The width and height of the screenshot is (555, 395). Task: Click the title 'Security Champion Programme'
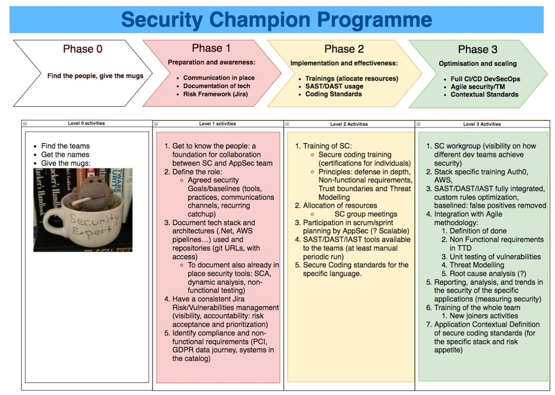(x=277, y=19)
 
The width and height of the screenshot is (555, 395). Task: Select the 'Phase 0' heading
(x=83, y=49)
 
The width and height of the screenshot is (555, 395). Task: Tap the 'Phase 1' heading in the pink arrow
(x=211, y=48)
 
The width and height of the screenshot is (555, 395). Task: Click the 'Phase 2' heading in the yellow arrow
(x=344, y=49)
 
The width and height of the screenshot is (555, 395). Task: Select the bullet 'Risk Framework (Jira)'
(x=215, y=94)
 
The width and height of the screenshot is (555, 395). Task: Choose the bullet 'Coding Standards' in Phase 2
(x=333, y=94)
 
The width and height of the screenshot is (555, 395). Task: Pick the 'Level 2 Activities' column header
(x=348, y=124)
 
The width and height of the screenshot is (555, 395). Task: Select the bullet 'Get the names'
(x=65, y=155)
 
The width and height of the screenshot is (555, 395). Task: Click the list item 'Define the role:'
(x=197, y=172)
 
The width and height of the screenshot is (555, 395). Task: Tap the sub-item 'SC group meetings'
(x=365, y=214)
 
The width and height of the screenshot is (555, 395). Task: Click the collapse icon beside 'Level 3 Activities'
(x=418, y=124)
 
